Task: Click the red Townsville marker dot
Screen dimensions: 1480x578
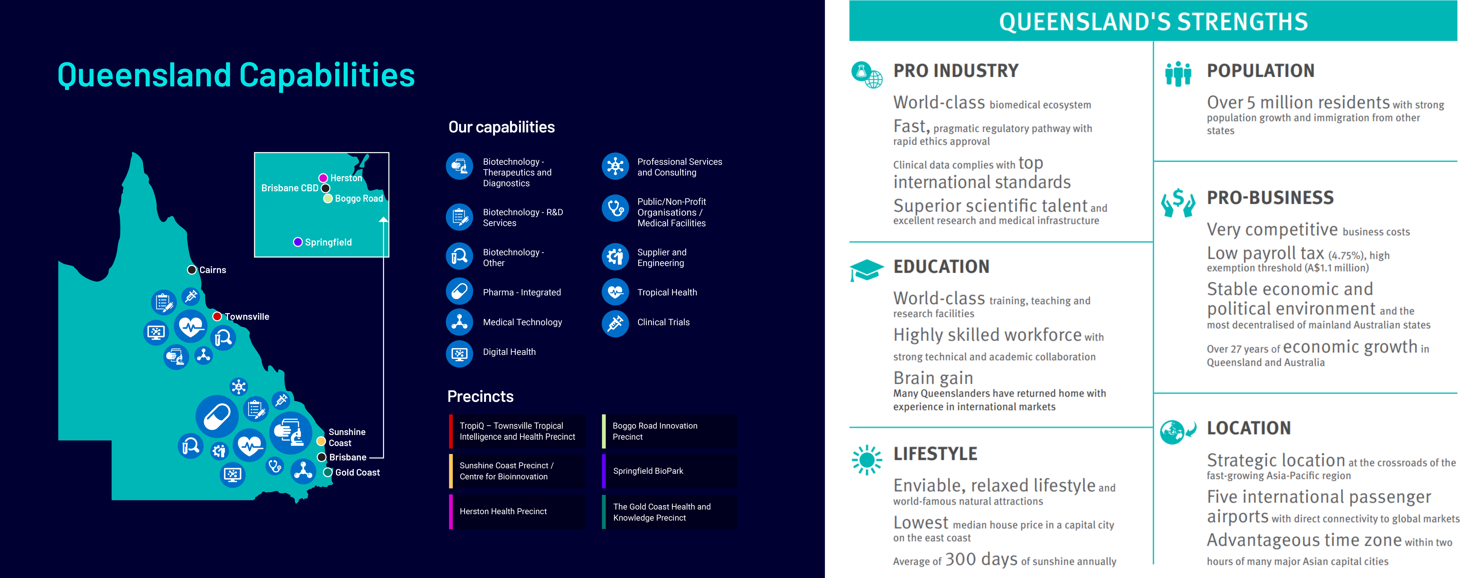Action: pyautogui.click(x=217, y=316)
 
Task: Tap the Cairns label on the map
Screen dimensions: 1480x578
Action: pyautogui.click(x=213, y=270)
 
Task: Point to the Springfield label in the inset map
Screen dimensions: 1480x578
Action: pyautogui.click(x=328, y=242)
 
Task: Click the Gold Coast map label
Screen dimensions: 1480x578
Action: pyautogui.click(x=357, y=472)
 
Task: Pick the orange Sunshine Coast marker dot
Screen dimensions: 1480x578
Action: pyautogui.click(x=321, y=441)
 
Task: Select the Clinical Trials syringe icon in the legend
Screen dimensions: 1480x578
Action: pyautogui.click(x=615, y=322)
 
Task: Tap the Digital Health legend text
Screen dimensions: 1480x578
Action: pyautogui.click(x=509, y=352)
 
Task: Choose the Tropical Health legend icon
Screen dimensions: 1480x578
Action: pyautogui.click(x=615, y=292)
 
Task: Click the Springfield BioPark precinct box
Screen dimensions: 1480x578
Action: pyautogui.click(x=669, y=471)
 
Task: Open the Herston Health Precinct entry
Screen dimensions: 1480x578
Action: pyautogui.click(x=517, y=511)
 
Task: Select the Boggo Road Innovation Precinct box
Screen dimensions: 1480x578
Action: pyautogui.click(x=669, y=431)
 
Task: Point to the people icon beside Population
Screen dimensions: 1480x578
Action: pyautogui.click(x=1178, y=74)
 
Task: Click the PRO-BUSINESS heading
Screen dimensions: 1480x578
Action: pyautogui.click(x=1270, y=198)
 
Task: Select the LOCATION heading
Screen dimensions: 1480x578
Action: pyautogui.click(x=1248, y=428)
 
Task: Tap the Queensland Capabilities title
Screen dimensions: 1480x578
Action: pyautogui.click(x=236, y=75)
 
